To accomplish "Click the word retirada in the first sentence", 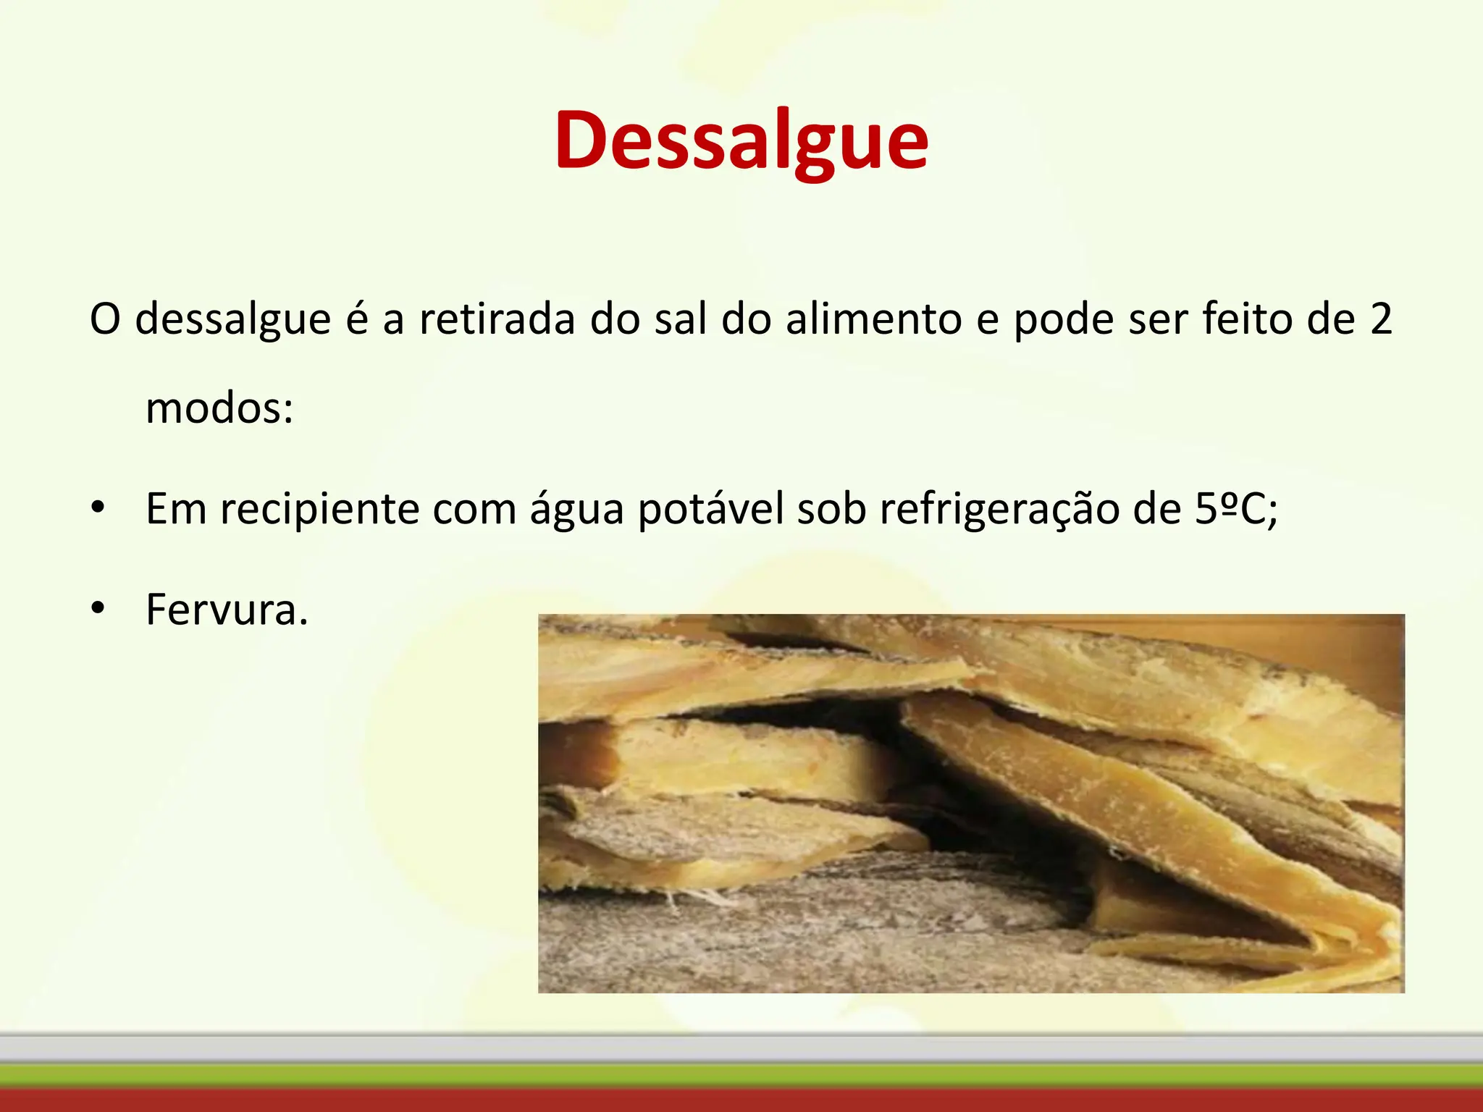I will point(496,319).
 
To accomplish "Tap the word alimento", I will point(873,319).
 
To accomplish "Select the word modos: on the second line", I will point(219,408).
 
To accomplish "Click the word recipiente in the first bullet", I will point(319,509).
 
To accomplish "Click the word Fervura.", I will point(227,610).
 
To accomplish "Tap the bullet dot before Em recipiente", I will point(98,507).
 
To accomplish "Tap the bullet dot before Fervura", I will point(98,608).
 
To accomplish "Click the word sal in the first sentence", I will point(680,319).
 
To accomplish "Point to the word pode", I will point(1063,319).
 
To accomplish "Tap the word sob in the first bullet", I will point(831,509).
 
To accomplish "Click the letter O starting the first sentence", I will point(104,319).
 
